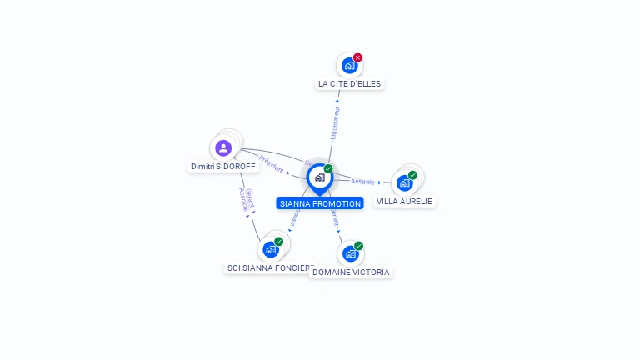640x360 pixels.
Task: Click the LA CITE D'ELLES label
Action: pos(350,83)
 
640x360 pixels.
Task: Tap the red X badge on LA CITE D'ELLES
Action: pos(357,57)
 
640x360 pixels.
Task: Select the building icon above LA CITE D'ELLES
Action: pos(349,66)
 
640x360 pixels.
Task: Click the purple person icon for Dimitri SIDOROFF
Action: pos(223,148)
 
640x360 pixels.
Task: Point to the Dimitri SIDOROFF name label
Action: pos(224,166)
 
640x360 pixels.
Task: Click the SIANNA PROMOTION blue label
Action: pos(320,203)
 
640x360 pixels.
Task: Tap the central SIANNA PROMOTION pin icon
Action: pos(319,177)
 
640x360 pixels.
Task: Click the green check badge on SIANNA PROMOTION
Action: pos(328,169)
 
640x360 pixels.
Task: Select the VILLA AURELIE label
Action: pos(405,201)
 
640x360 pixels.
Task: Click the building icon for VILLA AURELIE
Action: pos(404,182)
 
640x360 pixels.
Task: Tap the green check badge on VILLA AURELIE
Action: pos(412,175)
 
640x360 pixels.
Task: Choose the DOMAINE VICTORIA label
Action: pos(351,272)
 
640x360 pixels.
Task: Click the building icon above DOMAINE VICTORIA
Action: pos(350,253)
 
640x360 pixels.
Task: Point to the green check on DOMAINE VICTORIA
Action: pos(358,246)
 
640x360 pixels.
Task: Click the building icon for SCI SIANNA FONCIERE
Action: pos(270,249)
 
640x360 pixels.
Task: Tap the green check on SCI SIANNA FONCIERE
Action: pos(278,242)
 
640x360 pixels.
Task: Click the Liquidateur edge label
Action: pos(334,122)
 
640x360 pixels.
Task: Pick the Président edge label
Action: pos(272,164)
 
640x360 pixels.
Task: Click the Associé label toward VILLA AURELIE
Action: pos(362,181)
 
